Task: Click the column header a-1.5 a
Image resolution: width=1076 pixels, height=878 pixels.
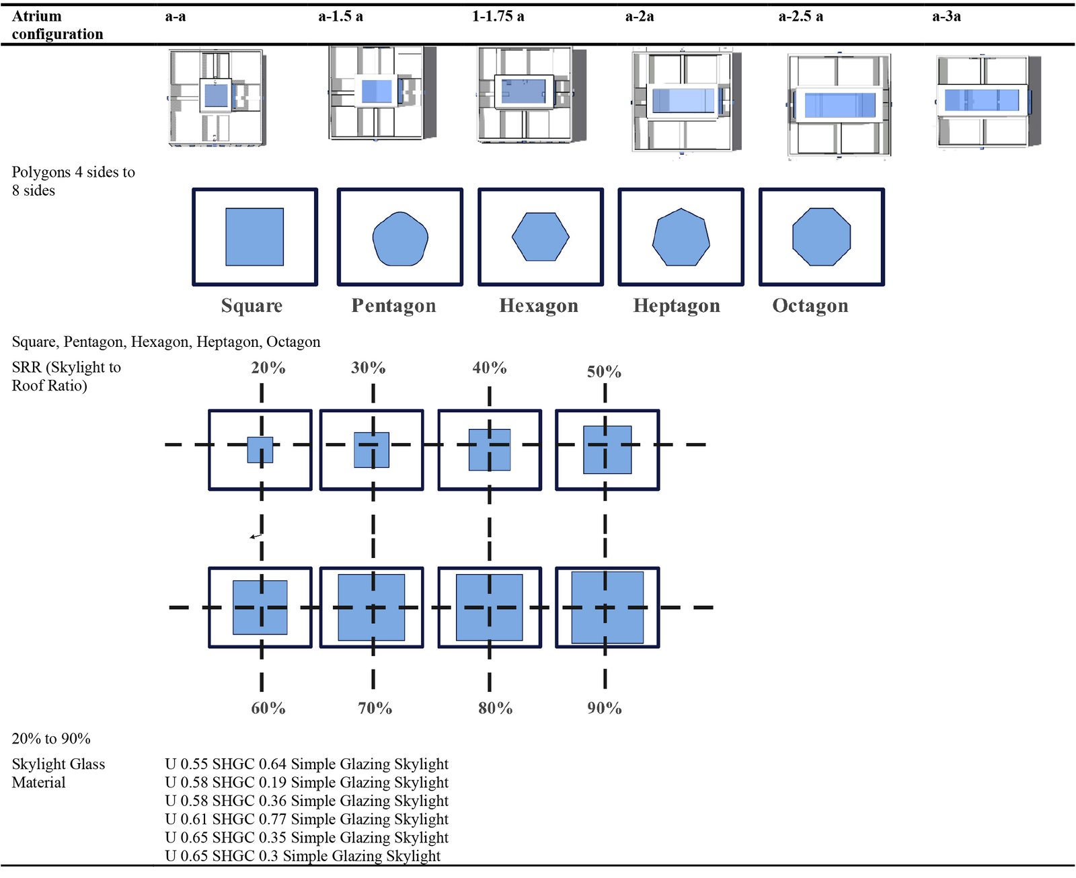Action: [x=340, y=17]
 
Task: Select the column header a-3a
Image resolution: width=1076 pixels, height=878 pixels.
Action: [x=946, y=17]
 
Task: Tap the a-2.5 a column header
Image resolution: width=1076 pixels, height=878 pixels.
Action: [x=800, y=17]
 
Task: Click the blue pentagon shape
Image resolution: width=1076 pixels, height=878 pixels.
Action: [x=400, y=239]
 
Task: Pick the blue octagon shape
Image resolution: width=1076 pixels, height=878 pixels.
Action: [x=821, y=237]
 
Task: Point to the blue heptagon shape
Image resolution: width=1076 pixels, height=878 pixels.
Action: [x=681, y=237]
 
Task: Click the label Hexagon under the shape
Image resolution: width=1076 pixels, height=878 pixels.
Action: [x=539, y=306]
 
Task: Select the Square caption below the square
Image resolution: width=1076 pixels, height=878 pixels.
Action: [x=252, y=306]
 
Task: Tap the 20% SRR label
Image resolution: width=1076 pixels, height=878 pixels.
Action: [x=268, y=368]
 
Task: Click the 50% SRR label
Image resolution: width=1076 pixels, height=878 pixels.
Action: [x=604, y=372]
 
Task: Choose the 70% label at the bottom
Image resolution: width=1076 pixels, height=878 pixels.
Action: [x=375, y=708]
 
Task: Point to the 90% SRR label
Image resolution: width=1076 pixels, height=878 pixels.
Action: [x=604, y=708]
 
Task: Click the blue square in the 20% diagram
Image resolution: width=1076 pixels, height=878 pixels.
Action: [x=260, y=450]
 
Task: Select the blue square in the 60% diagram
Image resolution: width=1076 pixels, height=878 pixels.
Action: [x=260, y=607]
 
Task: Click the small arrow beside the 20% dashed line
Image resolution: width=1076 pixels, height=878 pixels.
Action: [x=256, y=536]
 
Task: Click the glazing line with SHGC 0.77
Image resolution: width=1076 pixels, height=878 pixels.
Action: [x=307, y=819]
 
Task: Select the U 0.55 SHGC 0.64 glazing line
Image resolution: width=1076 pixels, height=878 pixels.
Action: [x=307, y=764]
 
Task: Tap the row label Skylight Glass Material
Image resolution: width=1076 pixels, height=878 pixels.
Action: [x=59, y=773]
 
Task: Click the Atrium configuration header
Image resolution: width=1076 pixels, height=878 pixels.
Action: [x=57, y=25]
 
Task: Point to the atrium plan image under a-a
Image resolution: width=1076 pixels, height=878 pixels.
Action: [x=216, y=97]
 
